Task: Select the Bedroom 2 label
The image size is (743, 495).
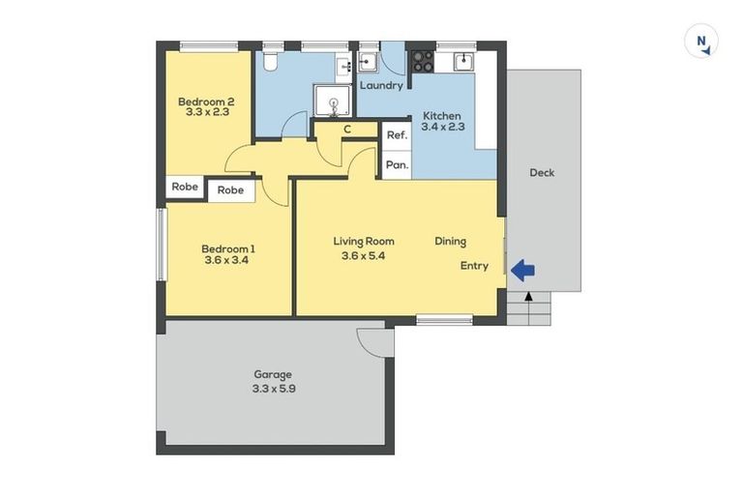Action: tap(206, 102)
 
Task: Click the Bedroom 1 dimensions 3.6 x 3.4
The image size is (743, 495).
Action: tap(227, 259)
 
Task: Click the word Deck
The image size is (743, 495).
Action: tap(542, 173)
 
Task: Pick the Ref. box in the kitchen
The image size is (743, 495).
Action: tap(397, 135)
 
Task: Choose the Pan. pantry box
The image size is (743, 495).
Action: tap(397, 165)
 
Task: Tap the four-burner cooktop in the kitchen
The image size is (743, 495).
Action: tap(423, 61)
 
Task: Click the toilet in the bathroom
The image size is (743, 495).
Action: tap(272, 61)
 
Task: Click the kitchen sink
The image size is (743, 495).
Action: tap(464, 61)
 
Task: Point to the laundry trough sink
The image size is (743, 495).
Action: tap(368, 64)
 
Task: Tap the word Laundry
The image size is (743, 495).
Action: tap(381, 86)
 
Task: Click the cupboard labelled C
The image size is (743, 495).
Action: tap(346, 130)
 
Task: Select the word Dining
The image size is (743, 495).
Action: tap(451, 241)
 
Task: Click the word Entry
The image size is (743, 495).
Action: tap(474, 266)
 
